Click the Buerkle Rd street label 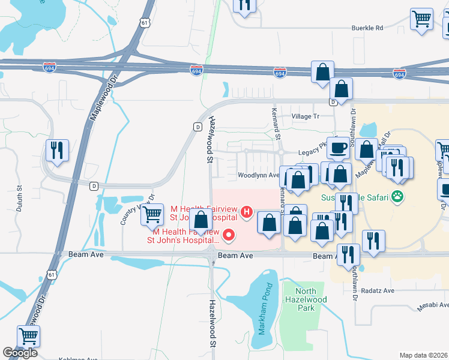[x=367, y=28]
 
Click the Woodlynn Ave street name [x=259, y=176]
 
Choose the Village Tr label [x=305, y=116]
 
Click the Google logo [x=20, y=353]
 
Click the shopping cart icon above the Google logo [x=29, y=336]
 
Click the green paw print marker [x=397, y=196]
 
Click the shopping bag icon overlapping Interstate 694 [x=322, y=71]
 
